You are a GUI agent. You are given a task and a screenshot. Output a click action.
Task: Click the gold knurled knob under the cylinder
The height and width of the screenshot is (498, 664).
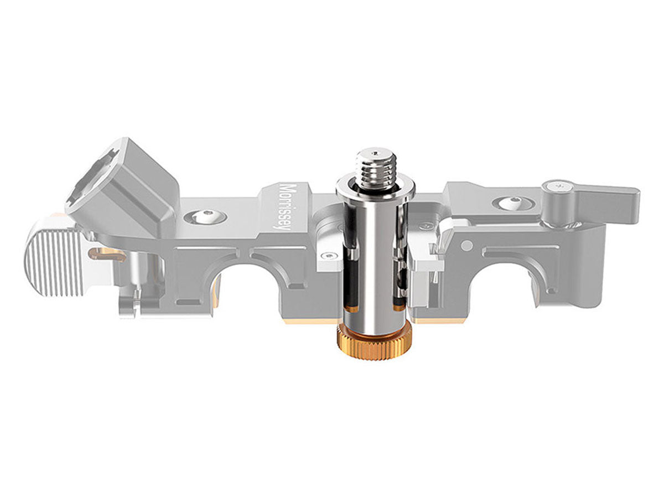(374, 344)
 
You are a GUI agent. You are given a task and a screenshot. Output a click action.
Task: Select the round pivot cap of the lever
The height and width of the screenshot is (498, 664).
(558, 188)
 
